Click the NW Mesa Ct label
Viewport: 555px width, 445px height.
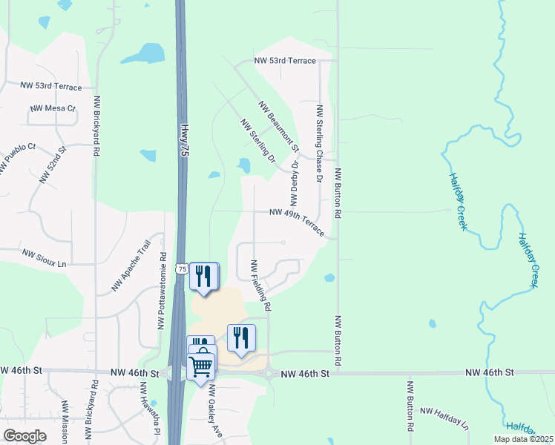click(53, 108)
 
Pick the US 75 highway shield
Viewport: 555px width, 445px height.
click(181, 269)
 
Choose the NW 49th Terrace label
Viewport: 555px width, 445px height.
click(297, 221)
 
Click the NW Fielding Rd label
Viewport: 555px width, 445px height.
click(260, 285)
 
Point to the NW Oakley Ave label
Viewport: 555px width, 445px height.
click(215, 412)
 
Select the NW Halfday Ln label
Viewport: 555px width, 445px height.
click(444, 418)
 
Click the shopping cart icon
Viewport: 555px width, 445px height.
click(202, 366)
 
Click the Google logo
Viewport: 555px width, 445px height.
click(25, 436)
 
